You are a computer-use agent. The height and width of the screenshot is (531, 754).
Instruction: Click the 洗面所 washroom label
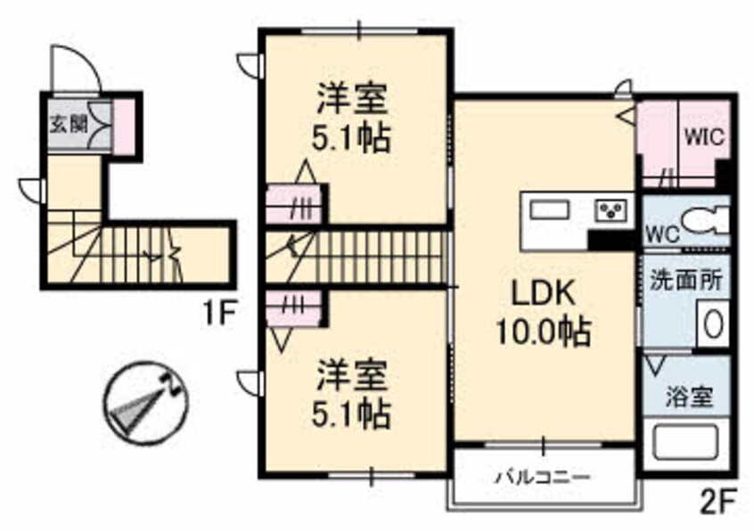685,278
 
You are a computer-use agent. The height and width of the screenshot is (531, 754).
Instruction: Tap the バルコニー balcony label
543,478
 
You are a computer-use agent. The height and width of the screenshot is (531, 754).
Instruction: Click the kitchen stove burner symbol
612,211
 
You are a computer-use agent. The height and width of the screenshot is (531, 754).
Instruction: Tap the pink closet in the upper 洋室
294,203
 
